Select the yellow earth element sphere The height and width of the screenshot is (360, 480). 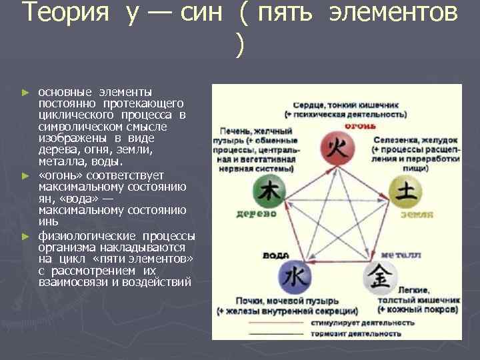pos(406,193)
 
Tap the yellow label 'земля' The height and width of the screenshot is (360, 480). pos(417,215)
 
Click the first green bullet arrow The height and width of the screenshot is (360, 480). pos(25,91)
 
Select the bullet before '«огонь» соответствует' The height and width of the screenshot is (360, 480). pos(25,175)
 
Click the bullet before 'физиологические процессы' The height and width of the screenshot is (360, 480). pos(25,236)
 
